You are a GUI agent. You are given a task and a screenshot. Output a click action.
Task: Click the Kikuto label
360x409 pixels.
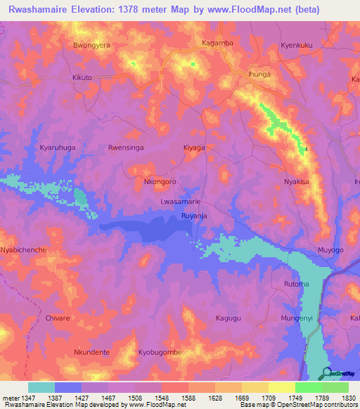click(x=82, y=77)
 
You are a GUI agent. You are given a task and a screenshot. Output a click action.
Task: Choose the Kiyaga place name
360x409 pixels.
click(x=194, y=148)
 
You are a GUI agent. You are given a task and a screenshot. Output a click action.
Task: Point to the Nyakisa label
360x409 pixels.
click(x=297, y=181)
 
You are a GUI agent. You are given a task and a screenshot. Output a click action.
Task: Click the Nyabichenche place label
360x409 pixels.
click(x=23, y=250)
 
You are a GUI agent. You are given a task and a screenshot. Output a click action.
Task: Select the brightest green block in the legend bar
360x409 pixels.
click(x=308, y=387)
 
